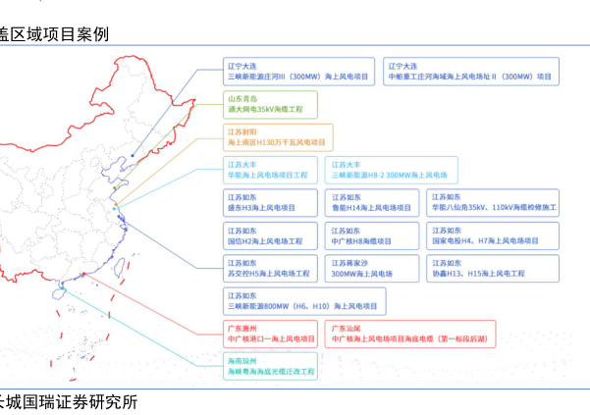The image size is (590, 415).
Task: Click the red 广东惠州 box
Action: [x=271, y=333]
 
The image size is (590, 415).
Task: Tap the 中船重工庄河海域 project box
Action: [x=469, y=71]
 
